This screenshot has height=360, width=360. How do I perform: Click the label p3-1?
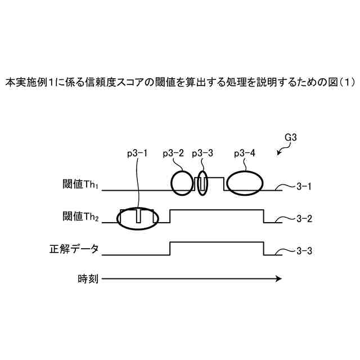coord(138,154)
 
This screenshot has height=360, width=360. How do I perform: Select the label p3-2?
coord(173,154)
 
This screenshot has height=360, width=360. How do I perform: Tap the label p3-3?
coord(202,154)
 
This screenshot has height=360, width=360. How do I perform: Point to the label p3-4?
coord(244,154)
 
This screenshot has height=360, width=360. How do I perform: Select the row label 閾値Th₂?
coord(80,217)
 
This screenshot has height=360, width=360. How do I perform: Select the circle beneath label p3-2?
coord(182,182)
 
